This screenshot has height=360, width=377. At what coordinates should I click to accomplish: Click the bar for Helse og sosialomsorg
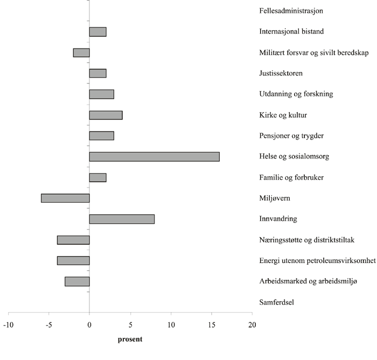click(x=154, y=157)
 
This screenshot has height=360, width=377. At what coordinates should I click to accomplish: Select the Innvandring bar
click(x=122, y=219)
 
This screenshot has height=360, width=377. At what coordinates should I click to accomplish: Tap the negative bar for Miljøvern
click(x=65, y=198)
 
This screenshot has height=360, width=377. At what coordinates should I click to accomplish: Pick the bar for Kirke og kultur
click(x=106, y=115)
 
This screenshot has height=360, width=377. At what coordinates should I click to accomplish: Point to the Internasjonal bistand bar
click(x=97, y=32)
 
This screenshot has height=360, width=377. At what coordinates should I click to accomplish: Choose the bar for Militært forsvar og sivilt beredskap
click(x=81, y=53)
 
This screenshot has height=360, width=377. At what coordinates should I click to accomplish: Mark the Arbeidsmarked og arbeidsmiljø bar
click(x=77, y=281)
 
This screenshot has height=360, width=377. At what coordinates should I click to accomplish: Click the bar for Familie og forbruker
click(x=97, y=177)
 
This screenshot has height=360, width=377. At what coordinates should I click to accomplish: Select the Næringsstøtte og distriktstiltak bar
click(x=73, y=240)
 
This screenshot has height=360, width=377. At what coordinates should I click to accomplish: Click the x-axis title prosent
click(x=129, y=340)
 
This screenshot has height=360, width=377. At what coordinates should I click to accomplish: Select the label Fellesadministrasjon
click(x=291, y=11)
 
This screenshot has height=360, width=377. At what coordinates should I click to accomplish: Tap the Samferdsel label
click(x=277, y=302)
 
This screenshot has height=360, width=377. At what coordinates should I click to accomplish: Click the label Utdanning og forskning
click(x=296, y=94)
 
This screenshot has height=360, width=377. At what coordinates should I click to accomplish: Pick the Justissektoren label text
click(x=281, y=73)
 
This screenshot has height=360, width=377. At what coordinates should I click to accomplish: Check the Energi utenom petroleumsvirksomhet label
click(x=317, y=260)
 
